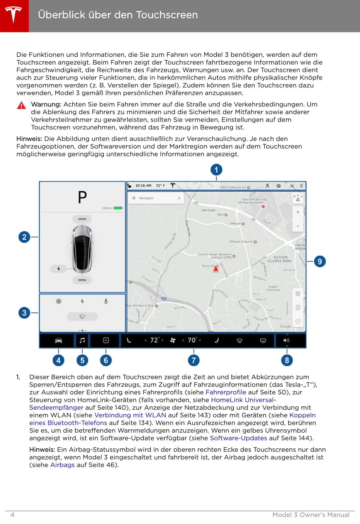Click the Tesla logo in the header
pyautogui.click(x=13, y=15)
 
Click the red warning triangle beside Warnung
pyautogui.click(x=22, y=105)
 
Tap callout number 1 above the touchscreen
pyautogui.click(x=216, y=170)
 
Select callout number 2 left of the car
pyautogui.click(x=24, y=237)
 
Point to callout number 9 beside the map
pyautogui.click(x=320, y=261)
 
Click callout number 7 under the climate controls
pyautogui.click(x=194, y=360)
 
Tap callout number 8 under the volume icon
pyautogui.click(x=287, y=360)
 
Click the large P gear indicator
pyautogui.click(x=82, y=197)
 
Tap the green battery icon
pyautogui.click(x=118, y=208)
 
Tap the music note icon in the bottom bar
pyautogui.click(x=82, y=340)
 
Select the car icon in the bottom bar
pyautogui.click(x=59, y=341)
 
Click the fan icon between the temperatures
pyautogui.click(x=172, y=340)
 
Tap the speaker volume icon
pyautogui.click(x=286, y=340)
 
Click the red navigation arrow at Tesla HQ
pyautogui.click(x=216, y=269)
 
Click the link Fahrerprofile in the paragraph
pyautogui.click(x=225, y=392)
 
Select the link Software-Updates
pyautogui.click(x=238, y=438)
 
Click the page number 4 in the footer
pyautogui.click(x=12, y=515)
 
